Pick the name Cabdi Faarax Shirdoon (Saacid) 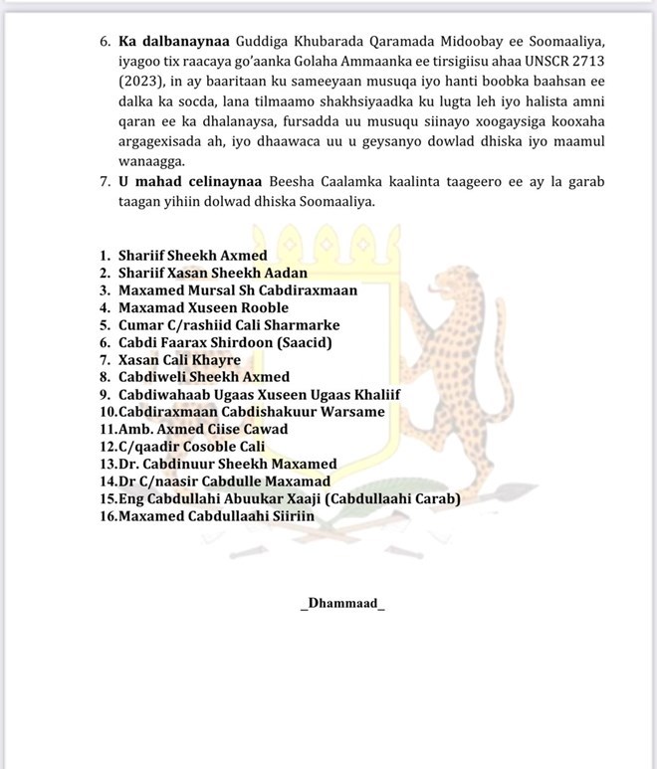(x=224, y=342)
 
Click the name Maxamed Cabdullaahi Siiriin (x=216, y=516)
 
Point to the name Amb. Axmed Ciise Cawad (x=203, y=429)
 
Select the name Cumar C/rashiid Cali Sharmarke (x=229, y=325)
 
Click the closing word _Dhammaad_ (x=341, y=604)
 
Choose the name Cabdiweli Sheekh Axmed (x=204, y=377)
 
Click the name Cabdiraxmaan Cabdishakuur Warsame (x=251, y=412)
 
